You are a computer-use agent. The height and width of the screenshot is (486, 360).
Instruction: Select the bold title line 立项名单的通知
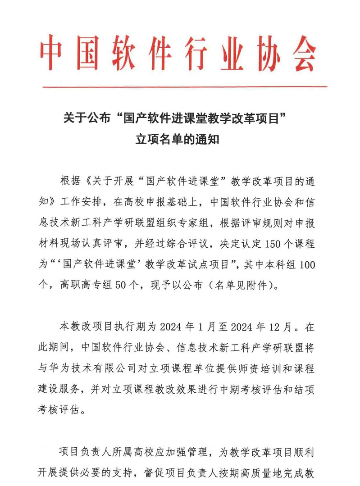[177, 139]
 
